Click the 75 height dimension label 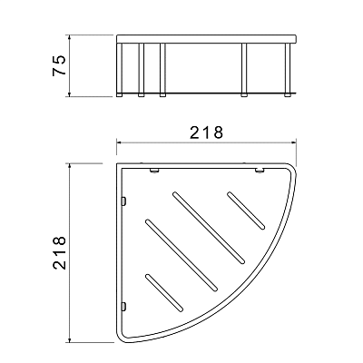pos(59,65)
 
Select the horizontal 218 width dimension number pos(207,132)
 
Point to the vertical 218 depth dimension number pos(59,252)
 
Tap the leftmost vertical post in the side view pos(120,68)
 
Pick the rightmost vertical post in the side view pos(288,68)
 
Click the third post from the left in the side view pos(162,68)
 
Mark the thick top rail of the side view pos(206,39)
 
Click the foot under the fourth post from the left pos(244,95)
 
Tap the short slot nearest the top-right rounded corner pos(246,211)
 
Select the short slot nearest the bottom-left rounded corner pos(164,292)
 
